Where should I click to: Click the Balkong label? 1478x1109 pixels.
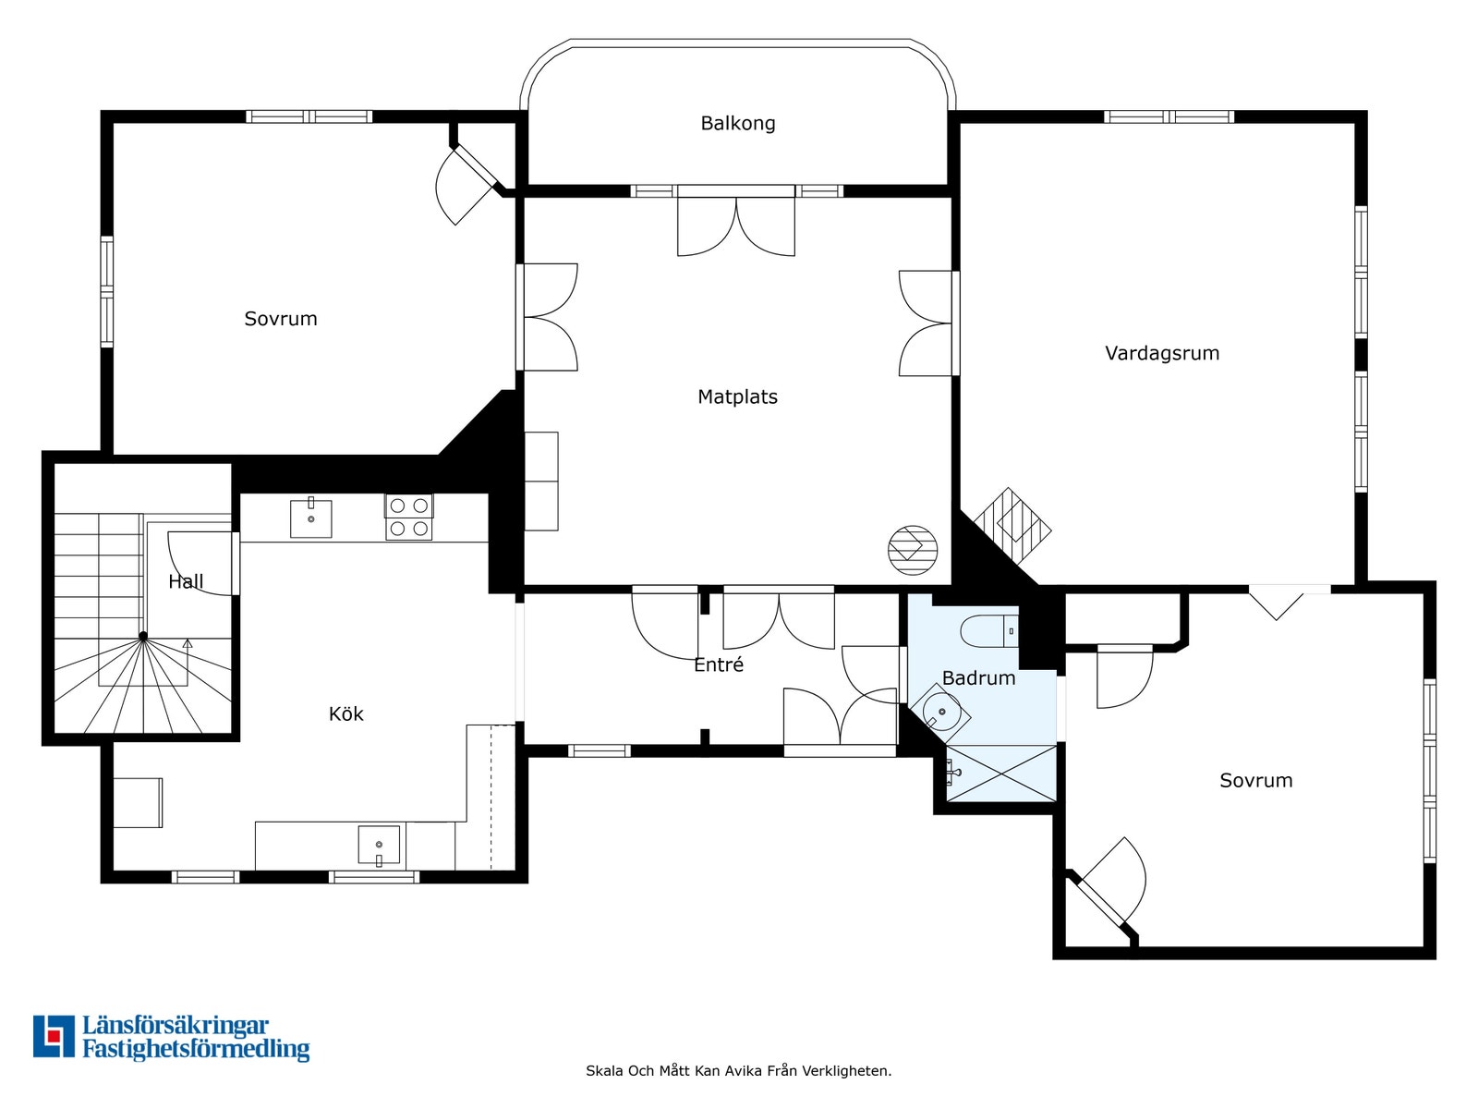pyautogui.click(x=737, y=123)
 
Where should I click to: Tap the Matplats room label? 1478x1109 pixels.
pyautogui.click(x=737, y=396)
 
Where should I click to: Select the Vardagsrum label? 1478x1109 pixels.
pyautogui.click(x=1161, y=353)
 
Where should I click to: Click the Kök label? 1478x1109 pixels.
pyautogui.click(x=345, y=713)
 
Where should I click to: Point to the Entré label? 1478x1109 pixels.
pyautogui.click(x=719, y=664)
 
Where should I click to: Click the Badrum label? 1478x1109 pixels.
pyautogui.click(x=978, y=677)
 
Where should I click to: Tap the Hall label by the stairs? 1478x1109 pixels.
pyautogui.click(x=186, y=581)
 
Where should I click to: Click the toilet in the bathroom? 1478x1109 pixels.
pyautogui.click(x=989, y=631)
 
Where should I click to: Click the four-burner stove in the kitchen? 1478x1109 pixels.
pyautogui.click(x=408, y=518)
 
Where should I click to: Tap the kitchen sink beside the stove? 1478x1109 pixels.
pyautogui.click(x=310, y=518)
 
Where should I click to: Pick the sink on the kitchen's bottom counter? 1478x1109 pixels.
pyautogui.click(x=379, y=845)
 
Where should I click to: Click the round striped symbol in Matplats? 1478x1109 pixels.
pyautogui.click(x=913, y=550)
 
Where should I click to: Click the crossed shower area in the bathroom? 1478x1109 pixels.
pyautogui.click(x=1000, y=773)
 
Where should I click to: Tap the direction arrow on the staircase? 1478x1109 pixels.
pyautogui.click(x=188, y=644)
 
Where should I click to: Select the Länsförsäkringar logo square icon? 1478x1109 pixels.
pyautogui.click(x=54, y=1036)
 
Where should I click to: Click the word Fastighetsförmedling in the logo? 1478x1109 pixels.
pyautogui.click(x=196, y=1048)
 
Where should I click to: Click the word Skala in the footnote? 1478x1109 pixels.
pyautogui.click(x=605, y=1070)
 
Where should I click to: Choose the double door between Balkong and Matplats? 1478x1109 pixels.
pyautogui.click(x=736, y=221)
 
